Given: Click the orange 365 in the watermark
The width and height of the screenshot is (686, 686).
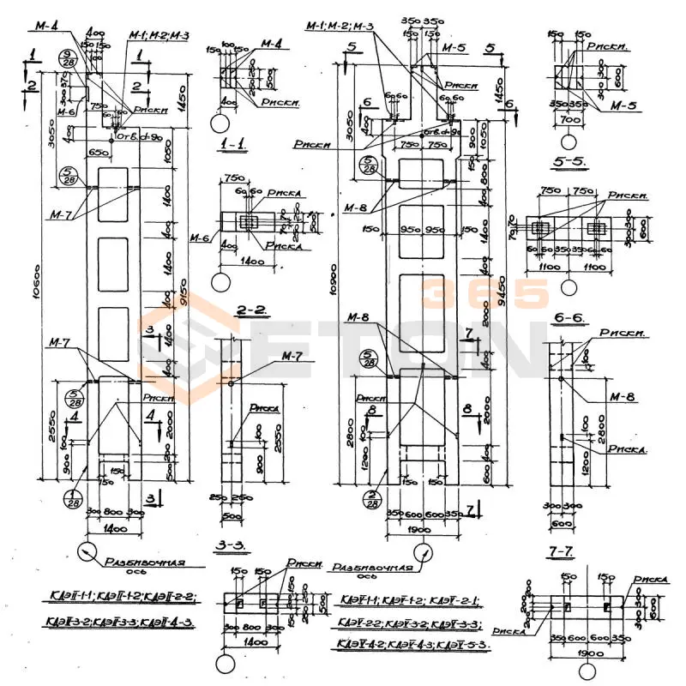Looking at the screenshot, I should pos(484,293).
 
